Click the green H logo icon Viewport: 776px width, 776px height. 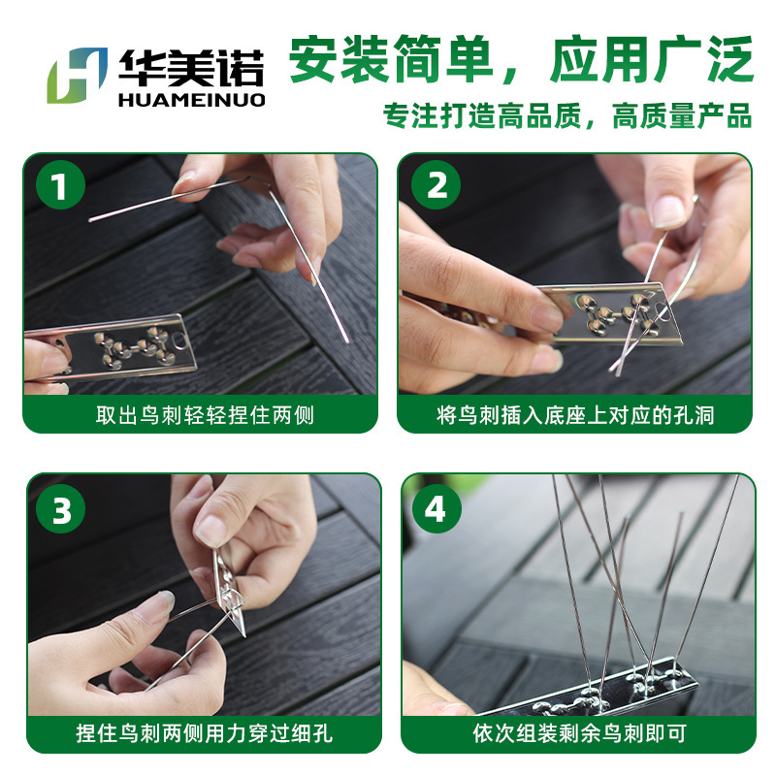point(78,76)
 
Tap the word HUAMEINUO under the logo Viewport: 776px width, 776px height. point(192,100)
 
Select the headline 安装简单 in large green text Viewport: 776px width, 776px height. point(391,59)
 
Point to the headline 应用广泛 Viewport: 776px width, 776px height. point(651,59)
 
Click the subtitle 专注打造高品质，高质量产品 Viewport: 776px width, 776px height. point(567,115)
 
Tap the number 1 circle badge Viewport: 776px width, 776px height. point(60,184)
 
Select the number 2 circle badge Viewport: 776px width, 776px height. point(436,184)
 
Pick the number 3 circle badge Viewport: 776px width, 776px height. point(60,508)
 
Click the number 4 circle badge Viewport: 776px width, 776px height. point(436,508)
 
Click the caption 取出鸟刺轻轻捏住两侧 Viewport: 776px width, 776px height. point(205,415)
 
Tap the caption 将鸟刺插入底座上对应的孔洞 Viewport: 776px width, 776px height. point(575,415)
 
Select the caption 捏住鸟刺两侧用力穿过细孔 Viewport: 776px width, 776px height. point(205,733)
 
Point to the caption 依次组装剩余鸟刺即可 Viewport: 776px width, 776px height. point(579,733)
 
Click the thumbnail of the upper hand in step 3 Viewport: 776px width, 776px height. point(210,531)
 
